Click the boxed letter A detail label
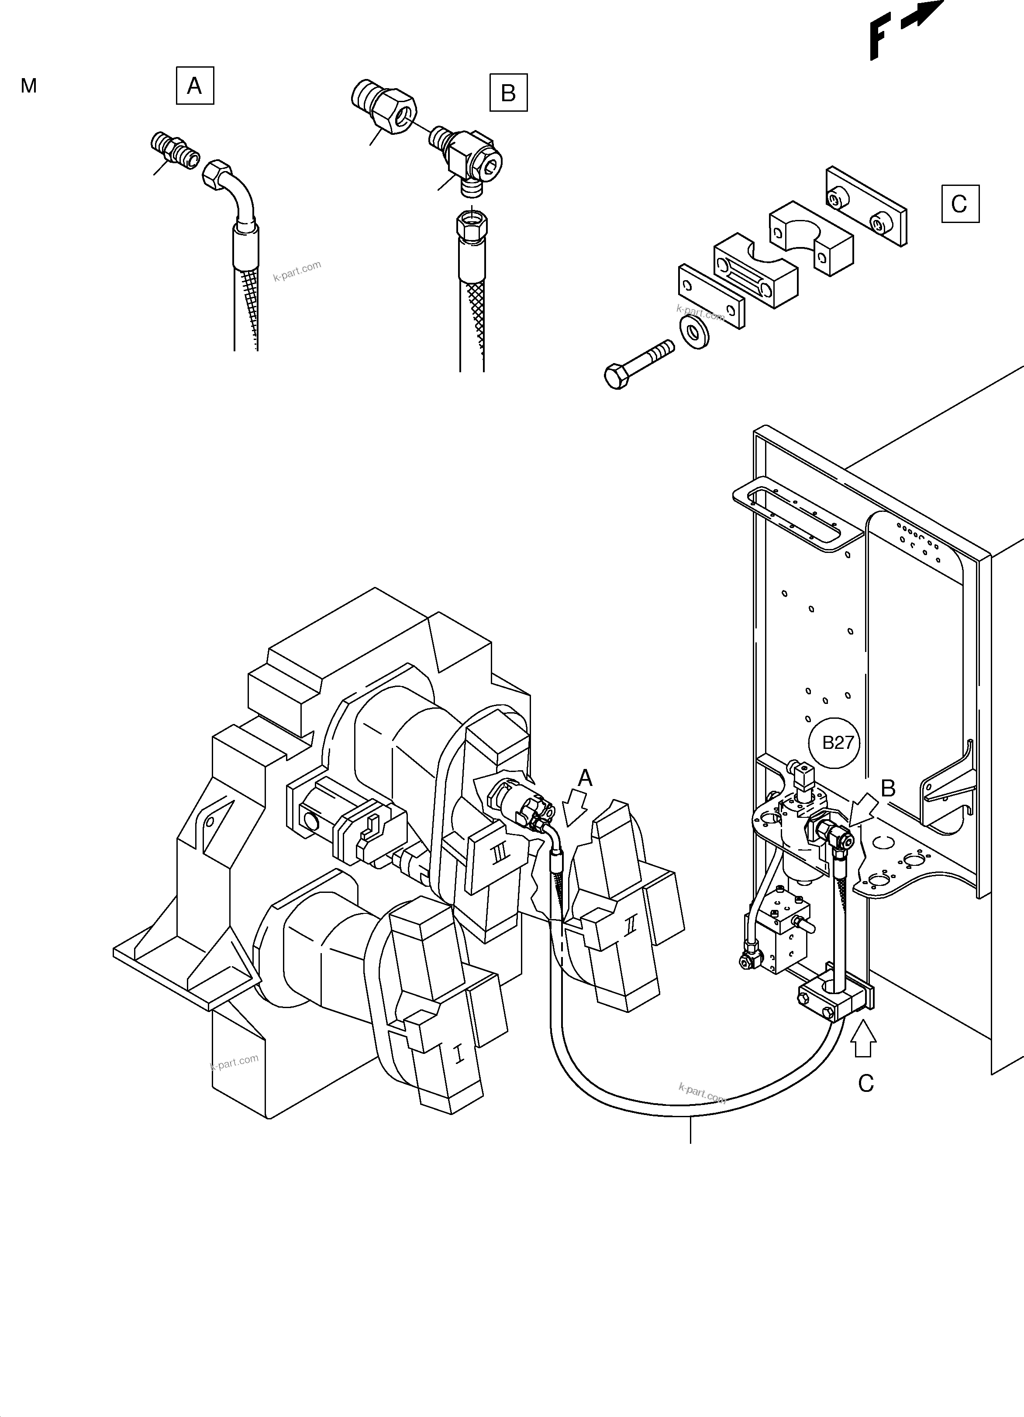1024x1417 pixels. [194, 86]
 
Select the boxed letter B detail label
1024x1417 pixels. [508, 93]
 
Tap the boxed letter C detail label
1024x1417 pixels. [960, 204]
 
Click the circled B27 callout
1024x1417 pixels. [838, 742]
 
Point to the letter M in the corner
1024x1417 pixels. [29, 86]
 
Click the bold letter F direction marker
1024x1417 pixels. [879, 38]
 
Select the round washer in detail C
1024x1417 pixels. [694, 332]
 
